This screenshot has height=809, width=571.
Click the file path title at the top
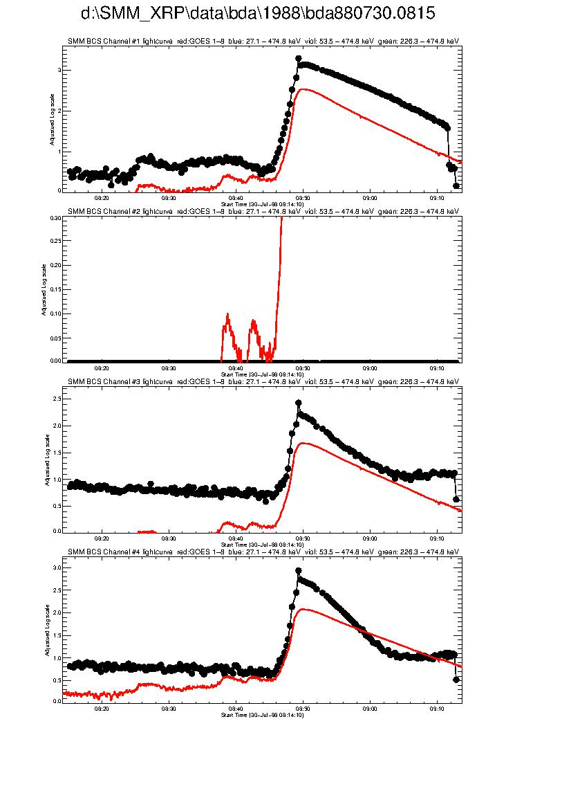258,14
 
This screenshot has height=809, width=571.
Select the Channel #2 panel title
263,211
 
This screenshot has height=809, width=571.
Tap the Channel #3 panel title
263,381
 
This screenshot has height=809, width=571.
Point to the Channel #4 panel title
263,552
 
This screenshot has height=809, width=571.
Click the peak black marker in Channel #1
299,59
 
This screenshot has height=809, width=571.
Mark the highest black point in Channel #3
299,403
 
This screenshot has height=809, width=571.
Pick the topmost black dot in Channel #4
299,571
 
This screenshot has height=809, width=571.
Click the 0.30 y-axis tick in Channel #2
55,217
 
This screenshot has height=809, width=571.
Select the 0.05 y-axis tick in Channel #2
55,337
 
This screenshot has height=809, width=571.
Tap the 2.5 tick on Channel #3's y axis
56,399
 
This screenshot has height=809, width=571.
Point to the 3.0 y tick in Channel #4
56,567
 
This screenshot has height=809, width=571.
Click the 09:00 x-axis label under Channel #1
370,197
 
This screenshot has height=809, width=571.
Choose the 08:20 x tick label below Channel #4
102,709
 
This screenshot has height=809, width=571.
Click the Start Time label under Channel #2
262,374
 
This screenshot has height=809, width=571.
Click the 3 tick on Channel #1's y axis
59,71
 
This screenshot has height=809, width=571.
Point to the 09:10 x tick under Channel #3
437,538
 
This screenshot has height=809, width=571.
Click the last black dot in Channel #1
456,185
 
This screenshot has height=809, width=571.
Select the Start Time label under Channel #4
262,714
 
